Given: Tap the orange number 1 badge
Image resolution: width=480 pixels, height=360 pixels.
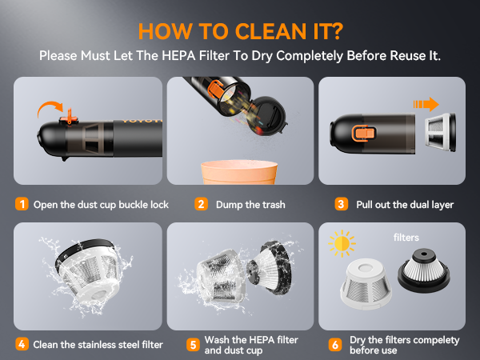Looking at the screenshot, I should pos(22,204).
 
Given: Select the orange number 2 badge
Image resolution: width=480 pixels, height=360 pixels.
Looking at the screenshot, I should pos(202,204).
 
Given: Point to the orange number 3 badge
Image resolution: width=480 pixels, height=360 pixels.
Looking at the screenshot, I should pos(341,204).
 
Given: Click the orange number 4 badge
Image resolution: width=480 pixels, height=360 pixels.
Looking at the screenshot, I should pos(22,344).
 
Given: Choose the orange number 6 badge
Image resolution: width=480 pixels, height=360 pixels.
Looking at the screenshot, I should pos(335,345).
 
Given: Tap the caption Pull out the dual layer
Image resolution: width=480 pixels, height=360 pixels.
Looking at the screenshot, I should pos(403,205).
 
